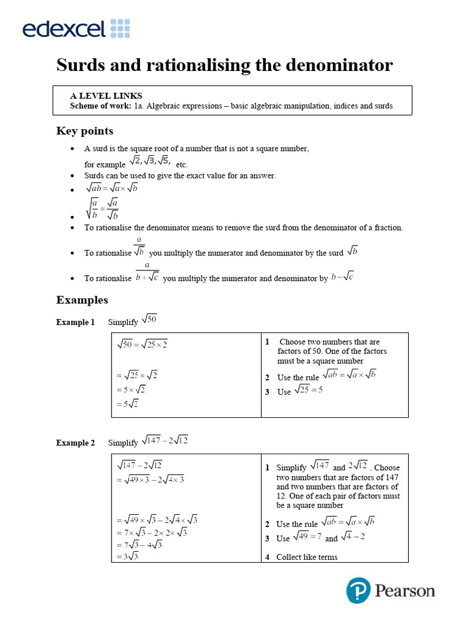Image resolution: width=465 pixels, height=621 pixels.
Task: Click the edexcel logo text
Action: point(64,29)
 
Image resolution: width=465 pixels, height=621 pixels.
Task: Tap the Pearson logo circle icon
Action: point(358,590)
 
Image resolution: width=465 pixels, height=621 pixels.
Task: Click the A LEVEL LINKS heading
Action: point(106,96)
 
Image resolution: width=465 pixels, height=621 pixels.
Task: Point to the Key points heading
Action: point(85,131)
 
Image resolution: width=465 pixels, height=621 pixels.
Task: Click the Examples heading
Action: point(82,300)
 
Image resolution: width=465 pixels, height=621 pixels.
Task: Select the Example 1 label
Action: point(76,322)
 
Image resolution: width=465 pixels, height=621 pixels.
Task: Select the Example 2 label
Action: point(76,443)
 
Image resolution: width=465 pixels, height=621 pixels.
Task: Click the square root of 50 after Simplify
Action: point(149,319)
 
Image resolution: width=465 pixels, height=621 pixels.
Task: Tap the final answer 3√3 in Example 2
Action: point(128,556)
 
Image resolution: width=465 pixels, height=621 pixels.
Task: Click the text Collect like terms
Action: point(307,557)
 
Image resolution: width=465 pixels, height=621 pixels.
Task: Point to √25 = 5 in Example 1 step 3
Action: point(308,390)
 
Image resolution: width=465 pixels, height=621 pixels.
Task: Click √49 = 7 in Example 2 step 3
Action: point(308,536)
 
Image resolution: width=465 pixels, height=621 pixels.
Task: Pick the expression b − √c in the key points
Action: point(342,277)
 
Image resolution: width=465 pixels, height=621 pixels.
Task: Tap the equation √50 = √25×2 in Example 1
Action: point(142,344)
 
